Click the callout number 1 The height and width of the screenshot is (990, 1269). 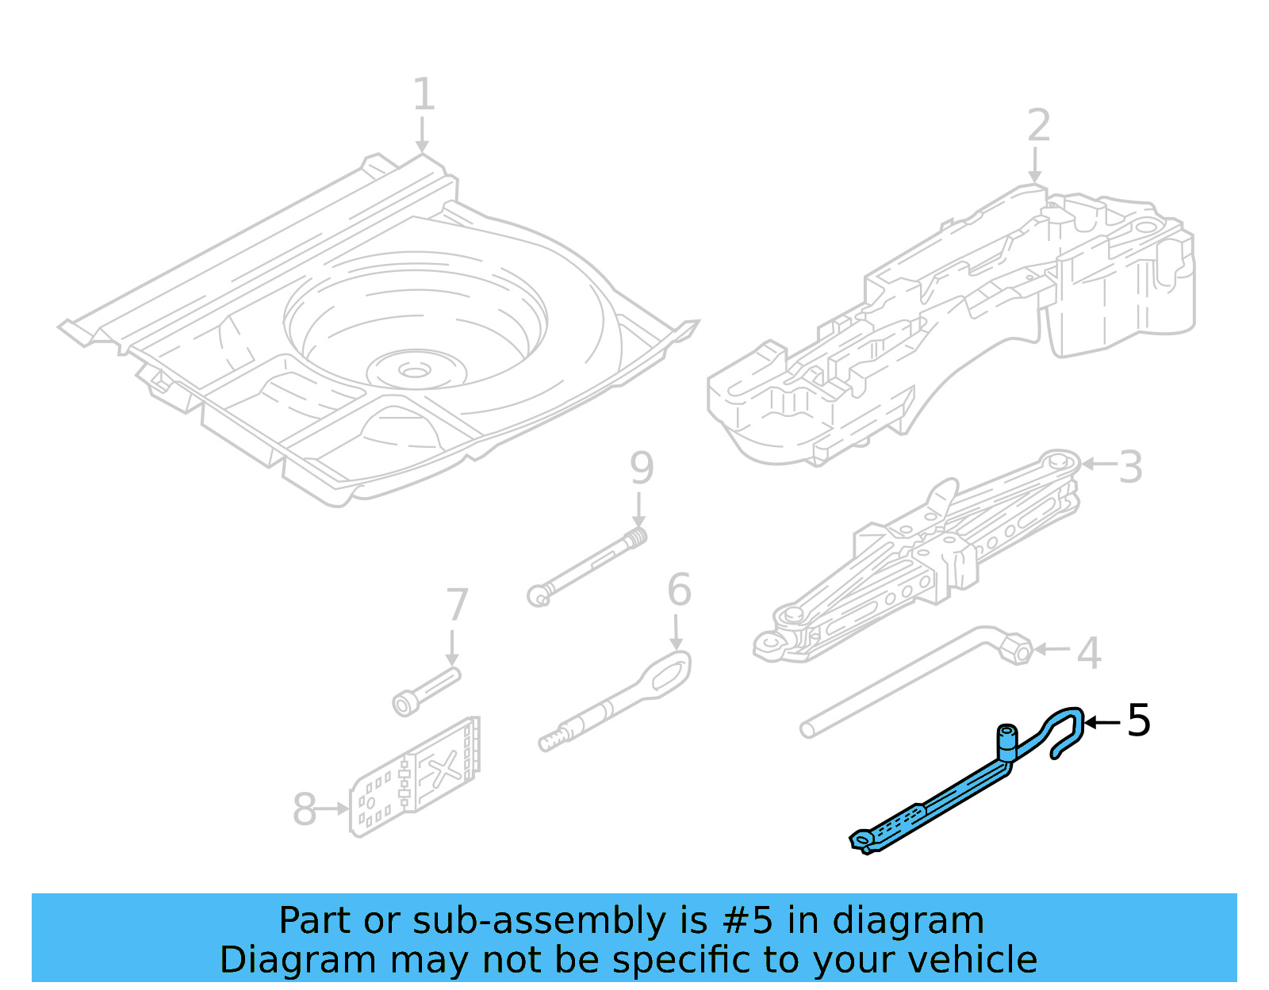coord(424,95)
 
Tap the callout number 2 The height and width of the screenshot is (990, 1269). coord(1038,126)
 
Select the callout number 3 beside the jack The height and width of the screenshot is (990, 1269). coord(1130,468)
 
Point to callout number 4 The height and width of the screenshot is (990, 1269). coord(1089,653)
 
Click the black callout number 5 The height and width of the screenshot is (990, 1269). coord(1138,721)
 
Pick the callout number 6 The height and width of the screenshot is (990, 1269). coord(679,591)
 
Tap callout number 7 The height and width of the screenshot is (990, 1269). coord(457,606)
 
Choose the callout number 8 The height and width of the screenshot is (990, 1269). coord(305,810)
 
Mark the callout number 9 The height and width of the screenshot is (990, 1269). coord(641,468)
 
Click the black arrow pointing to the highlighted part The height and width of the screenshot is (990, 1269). coord(1102,722)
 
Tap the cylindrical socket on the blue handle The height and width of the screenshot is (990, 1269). coord(1006,742)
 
